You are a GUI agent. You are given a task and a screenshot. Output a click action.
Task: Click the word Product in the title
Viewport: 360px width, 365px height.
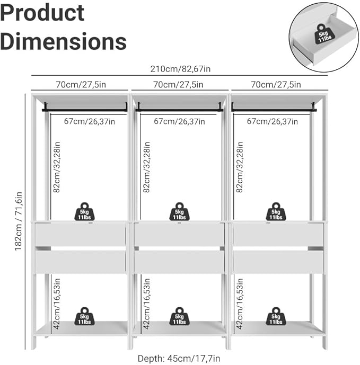(x=42, y=13)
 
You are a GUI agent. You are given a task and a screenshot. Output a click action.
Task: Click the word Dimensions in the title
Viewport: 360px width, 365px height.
(x=63, y=41)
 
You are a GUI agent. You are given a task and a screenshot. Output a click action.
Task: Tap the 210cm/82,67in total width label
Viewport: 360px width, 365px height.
(x=180, y=69)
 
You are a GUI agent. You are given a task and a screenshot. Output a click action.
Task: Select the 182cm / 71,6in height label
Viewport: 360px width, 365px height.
(x=19, y=221)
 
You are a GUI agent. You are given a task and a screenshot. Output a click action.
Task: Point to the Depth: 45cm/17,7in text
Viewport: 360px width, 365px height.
(x=179, y=359)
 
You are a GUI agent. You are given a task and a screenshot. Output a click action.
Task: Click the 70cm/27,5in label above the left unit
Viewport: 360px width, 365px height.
(x=81, y=85)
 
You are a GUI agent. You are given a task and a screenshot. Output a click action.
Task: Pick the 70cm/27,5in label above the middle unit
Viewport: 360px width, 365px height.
(x=178, y=85)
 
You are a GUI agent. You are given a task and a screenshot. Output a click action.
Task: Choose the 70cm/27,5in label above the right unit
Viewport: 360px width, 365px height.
(x=276, y=85)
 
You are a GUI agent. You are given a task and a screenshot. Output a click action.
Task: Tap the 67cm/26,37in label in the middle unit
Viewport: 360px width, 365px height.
(x=179, y=121)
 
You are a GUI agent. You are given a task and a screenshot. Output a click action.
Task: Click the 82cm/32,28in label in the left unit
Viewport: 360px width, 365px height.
(x=57, y=167)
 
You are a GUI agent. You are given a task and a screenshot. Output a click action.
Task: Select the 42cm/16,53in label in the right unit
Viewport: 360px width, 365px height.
(x=240, y=304)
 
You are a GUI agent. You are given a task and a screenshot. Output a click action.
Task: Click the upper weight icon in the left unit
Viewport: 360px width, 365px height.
(x=84, y=211)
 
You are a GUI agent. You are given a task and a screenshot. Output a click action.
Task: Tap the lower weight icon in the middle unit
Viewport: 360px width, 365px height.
(x=179, y=316)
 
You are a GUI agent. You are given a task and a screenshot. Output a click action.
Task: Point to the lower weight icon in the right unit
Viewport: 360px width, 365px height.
(x=276, y=316)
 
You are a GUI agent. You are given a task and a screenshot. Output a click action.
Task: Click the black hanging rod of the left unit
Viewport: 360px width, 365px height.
(x=85, y=109)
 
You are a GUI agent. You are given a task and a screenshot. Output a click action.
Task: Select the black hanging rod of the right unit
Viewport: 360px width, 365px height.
(x=274, y=109)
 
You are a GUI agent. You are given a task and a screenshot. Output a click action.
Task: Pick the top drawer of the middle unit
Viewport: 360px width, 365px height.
(x=179, y=235)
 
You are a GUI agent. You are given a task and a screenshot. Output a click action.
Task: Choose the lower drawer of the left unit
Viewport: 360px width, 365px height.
(x=81, y=262)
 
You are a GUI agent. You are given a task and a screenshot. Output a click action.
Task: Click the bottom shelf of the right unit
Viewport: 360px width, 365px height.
(x=278, y=328)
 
